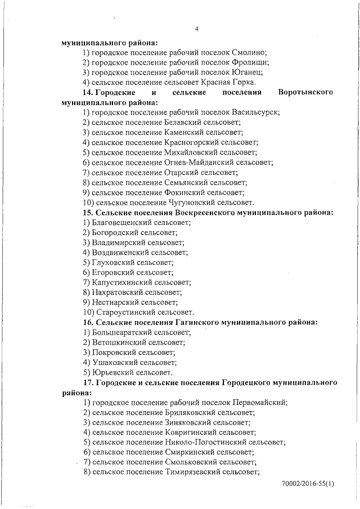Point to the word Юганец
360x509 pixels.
click(x=247, y=72)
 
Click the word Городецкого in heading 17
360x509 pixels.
click(x=259, y=382)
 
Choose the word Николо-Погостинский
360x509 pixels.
click(x=206, y=442)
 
